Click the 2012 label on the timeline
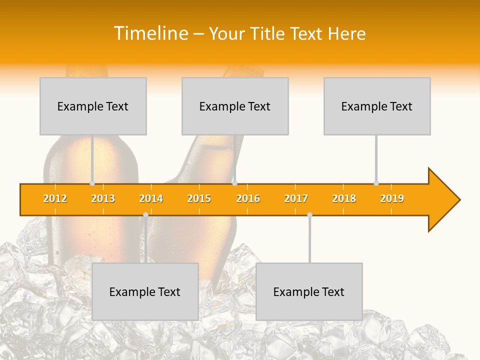coord(55,198)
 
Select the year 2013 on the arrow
coord(103,198)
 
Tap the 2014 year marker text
coord(151,198)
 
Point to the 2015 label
coord(199,198)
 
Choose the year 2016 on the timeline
coord(248,198)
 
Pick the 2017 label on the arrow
coord(296,198)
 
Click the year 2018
coord(344,198)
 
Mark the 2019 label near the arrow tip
coord(392,198)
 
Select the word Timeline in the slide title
coord(150,33)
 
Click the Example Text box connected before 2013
coord(93,106)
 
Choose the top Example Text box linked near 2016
coord(235,106)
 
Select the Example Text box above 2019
coord(377,106)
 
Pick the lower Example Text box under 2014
coord(145,291)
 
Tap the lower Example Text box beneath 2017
coord(309,291)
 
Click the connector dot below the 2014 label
coord(145,214)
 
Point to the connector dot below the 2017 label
coord(309,214)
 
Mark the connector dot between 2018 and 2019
coord(376,183)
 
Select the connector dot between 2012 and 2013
coord(92,183)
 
